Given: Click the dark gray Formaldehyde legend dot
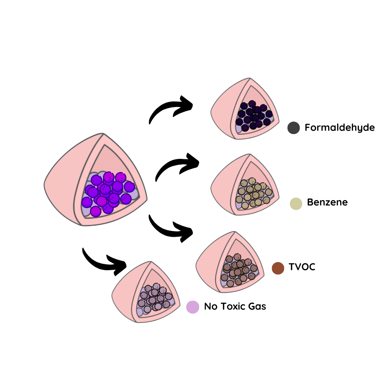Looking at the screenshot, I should pos(293,128).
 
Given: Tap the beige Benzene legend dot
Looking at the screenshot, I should pos(296,203).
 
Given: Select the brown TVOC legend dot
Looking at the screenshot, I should pos(278,268).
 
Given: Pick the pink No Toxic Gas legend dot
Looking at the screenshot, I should pos(192,306).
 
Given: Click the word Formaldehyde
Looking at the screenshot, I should pos(340,127).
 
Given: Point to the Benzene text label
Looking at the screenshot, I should pos(327,203).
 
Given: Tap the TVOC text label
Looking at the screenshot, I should pos(302,267).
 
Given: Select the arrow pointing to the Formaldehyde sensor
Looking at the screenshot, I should pos(171,108).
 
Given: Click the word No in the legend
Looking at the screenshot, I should pos(211,306).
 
